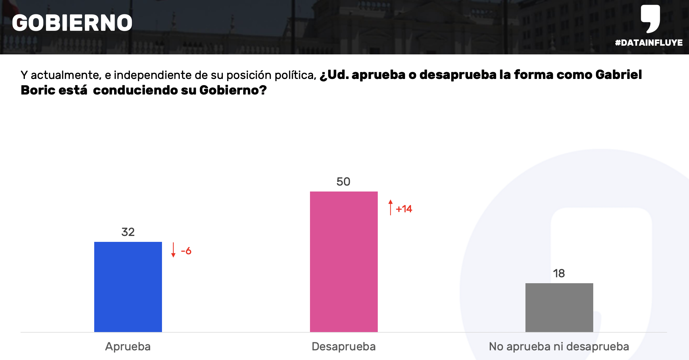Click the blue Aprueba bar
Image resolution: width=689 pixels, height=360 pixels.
pos(128,287)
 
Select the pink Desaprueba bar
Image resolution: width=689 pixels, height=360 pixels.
pos(344,261)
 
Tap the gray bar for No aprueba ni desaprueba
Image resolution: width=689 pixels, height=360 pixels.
pos(559,307)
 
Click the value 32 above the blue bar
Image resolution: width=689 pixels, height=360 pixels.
pos(128,232)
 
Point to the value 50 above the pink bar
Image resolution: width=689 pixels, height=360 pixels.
pos(343,182)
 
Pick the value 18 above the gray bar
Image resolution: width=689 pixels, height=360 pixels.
pos(559,273)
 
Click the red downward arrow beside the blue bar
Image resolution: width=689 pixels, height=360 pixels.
pos(173,250)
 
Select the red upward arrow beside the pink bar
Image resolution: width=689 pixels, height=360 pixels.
pos(391,207)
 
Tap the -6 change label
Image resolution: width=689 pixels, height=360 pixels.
pos(186,251)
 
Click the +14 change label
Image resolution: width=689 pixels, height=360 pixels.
pos(404,209)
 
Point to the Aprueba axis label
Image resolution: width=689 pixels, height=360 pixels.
pos(128,346)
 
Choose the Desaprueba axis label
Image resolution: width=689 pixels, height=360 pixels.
pos(344,346)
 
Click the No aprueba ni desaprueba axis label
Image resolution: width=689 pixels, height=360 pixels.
pos(559,346)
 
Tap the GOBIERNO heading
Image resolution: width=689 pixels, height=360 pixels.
pos(72,23)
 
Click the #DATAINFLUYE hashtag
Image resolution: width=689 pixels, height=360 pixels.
pos(649,43)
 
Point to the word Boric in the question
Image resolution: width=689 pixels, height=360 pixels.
pos(38,90)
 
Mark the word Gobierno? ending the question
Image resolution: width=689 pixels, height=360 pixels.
pos(233,90)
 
